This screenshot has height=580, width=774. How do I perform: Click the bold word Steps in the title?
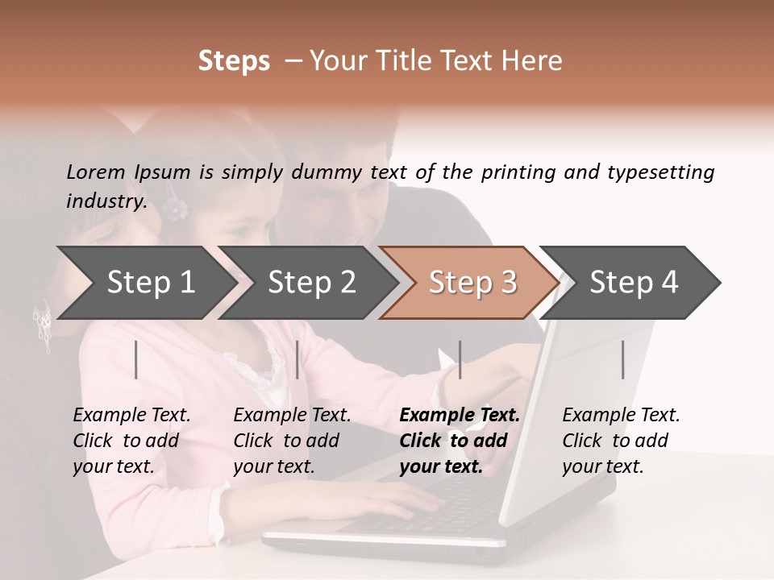(234, 61)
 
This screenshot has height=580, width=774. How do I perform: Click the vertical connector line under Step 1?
(136, 359)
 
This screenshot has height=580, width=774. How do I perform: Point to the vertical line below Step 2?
(298, 359)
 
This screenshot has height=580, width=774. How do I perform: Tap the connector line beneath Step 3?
(460, 359)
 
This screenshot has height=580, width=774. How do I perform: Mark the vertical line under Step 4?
(622, 359)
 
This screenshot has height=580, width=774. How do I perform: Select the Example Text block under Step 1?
(131, 441)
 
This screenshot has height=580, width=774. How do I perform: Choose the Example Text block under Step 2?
(292, 441)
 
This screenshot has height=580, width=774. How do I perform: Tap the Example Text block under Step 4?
(621, 441)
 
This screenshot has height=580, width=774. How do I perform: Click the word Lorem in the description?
(96, 172)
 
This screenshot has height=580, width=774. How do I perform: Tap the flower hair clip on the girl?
(174, 209)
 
